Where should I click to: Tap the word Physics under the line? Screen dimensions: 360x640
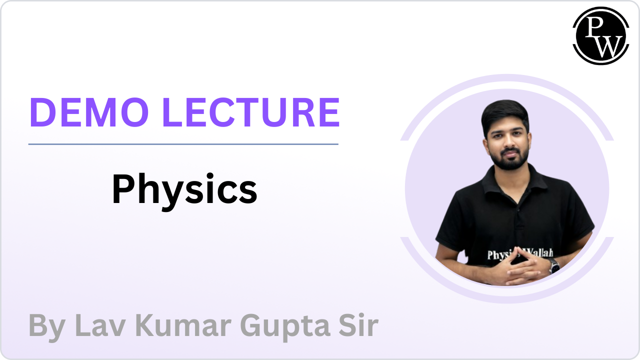[184, 190]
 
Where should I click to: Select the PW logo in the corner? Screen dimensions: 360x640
[600, 35]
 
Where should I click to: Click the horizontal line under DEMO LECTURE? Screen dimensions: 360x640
[183, 144]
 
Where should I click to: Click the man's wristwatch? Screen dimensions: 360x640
[554, 265]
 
